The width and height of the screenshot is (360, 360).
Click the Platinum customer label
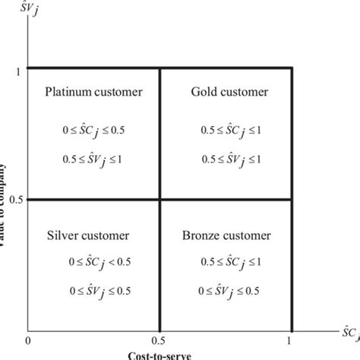tap(93, 93)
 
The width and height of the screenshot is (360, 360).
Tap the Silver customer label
tap(88, 235)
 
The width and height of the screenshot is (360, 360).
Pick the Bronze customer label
tap(226, 235)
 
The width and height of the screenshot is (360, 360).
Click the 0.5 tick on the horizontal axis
tap(159, 339)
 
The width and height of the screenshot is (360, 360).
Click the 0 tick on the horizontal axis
tap(28, 339)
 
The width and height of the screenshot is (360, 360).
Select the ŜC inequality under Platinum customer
tap(93, 131)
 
